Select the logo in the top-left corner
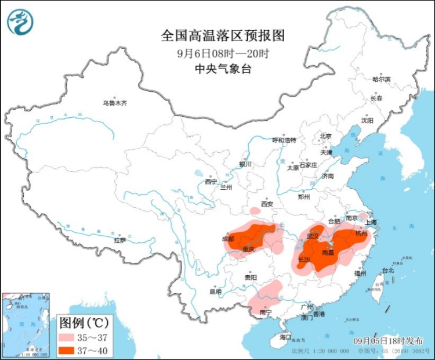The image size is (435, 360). point(20,22)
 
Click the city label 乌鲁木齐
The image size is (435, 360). point(114,103)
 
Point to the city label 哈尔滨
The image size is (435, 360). point(381,79)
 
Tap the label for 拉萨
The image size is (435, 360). point(119,240)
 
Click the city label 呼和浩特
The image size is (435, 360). point(284,140)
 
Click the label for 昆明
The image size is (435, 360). point(215,291)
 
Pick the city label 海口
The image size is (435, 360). point(285,337)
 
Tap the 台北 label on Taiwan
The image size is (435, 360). point(387,271)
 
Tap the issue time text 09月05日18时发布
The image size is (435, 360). point(388,341)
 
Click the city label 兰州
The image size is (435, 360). point(226,188)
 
